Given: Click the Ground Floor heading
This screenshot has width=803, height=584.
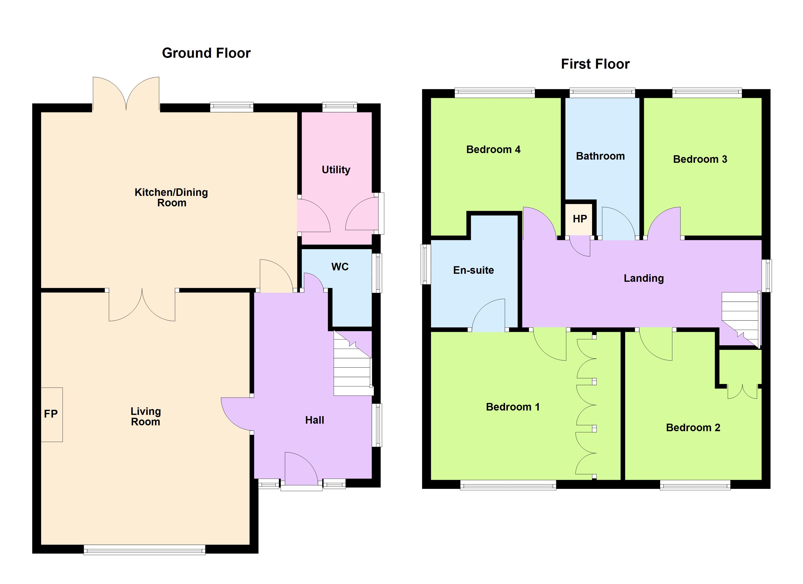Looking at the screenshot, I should click(x=206, y=53).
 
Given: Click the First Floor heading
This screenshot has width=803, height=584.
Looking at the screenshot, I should click(x=595, y=64).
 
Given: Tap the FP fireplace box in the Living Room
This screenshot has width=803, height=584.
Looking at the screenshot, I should click(x=52, y=414).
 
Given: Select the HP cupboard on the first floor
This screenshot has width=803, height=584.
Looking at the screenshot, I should click(x=580, y=219).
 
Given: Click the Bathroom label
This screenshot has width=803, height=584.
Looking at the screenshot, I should click(x=600, y=156).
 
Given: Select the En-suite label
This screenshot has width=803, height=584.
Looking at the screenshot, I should click(x=473, y=270).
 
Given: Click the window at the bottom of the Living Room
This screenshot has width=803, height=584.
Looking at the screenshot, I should click(x=145, y=550).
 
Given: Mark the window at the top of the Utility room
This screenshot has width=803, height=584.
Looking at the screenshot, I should click(x=339, y=107).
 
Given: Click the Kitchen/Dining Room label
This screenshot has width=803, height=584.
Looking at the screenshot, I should click(x=171, y=198).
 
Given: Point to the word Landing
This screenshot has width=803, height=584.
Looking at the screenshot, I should click(x=643, y=278).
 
